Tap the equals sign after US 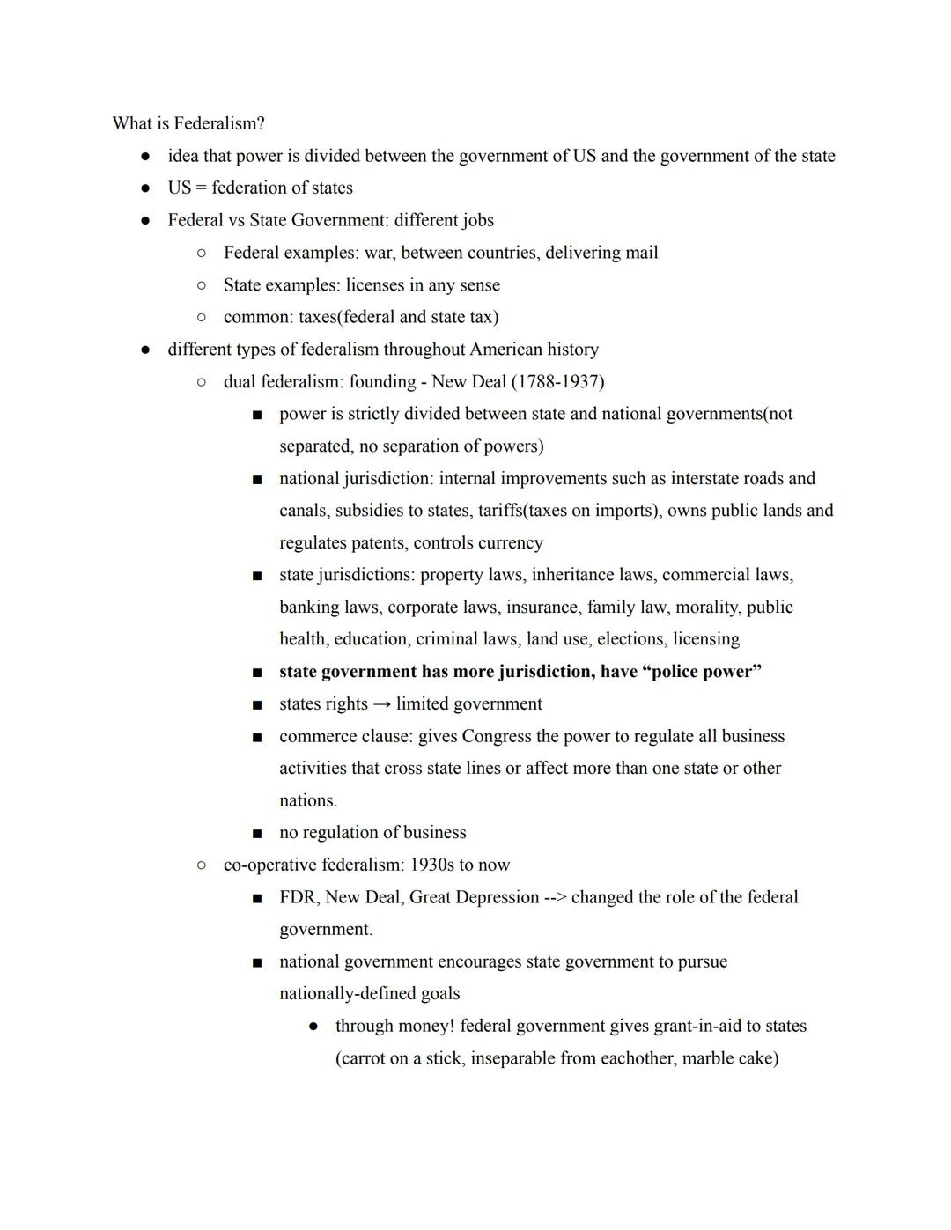click(201, 188)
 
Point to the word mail click(641, 253)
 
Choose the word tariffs click(504, 511)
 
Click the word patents click(378, 543)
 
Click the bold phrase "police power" click(702, 672)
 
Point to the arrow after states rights click(381, 704)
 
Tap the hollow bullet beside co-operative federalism click(202, 865)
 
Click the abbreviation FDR click(298, 897)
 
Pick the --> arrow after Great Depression click(555, 897)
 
